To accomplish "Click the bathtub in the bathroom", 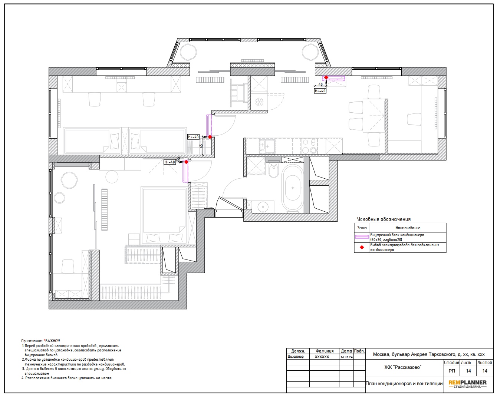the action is pos(293,188).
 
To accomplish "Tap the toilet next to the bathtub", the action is pos(274,170).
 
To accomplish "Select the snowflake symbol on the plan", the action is pos(259,102).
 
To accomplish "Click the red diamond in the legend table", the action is pos(362,248).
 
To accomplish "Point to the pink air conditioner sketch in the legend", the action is pos(362,237).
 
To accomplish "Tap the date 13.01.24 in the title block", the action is pos(346,357).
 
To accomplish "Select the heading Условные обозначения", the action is pos(384,219).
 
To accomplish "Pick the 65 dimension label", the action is pos(201,146).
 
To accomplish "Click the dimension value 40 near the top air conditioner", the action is pos(320,84).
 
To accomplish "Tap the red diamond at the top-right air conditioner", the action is pos(326,77).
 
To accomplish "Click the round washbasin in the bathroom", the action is pos(263,207).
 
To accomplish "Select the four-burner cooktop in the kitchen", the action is pos(309,146).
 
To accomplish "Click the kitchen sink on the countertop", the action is pos(267,146).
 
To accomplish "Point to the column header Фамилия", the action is pos(325,351).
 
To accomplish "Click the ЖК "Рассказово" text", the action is pos(403,367).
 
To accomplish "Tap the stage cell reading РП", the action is pos(452,371).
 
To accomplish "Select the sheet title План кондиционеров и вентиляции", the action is pos(404,383).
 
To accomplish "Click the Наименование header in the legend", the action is pos(408,228).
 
